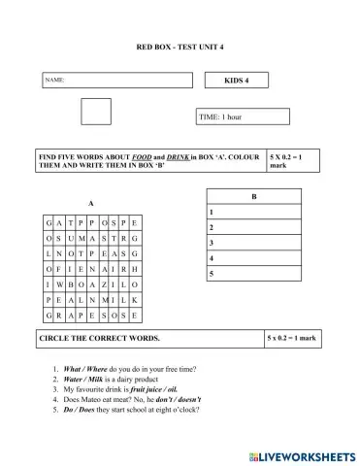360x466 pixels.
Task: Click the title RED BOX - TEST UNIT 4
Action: coord(180,47)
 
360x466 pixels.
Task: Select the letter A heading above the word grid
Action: coord(89,204)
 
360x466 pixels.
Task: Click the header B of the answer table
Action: coord(253,197)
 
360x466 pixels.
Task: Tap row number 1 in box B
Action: coord(211,212)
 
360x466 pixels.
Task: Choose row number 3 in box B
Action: coord(211,243)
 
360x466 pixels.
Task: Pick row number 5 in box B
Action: coord(211,275)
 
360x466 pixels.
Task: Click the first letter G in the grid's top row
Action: coord(48,222)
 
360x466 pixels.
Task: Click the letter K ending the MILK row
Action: coord(135,301)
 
